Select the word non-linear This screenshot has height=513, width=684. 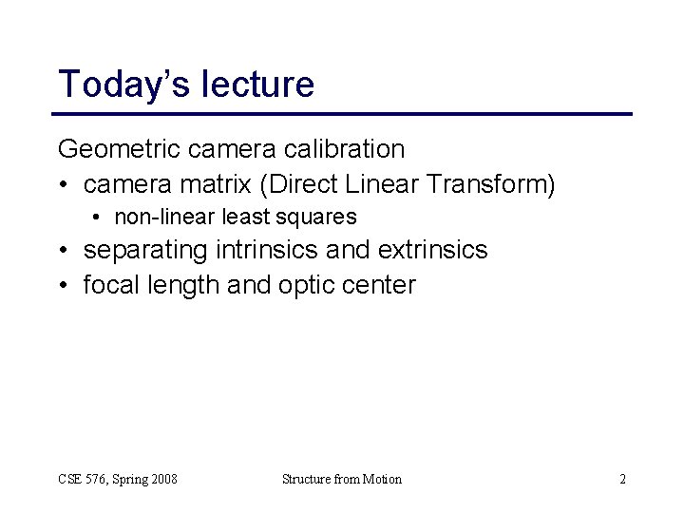click(164, 218)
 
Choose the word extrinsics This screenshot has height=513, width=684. click(432, 250)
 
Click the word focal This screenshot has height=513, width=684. click(107, 284)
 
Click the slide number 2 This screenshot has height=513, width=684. click(622, 479)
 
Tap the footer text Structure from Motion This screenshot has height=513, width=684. click(342, 479)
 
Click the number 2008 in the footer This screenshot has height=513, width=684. click(161, 479)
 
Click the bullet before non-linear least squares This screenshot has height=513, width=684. click(99, 218)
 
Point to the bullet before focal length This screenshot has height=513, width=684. click(64, 284)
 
